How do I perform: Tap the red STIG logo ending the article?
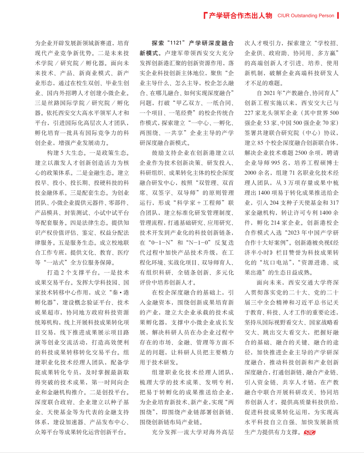(x=310, y=432)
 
